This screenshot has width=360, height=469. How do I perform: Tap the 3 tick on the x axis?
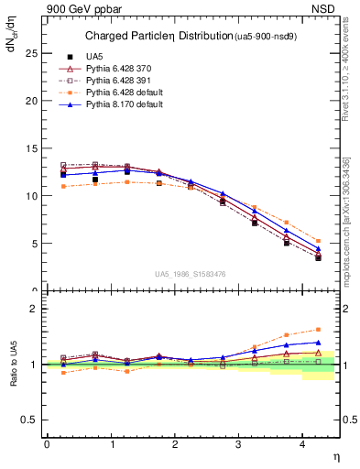click(x=238, y=444)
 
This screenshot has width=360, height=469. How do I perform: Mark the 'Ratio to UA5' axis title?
click(x=13, y=376)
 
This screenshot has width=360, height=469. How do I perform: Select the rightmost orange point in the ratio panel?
click(x=318, y=330)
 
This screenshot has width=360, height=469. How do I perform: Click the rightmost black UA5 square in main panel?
click(x=318, y=258)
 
